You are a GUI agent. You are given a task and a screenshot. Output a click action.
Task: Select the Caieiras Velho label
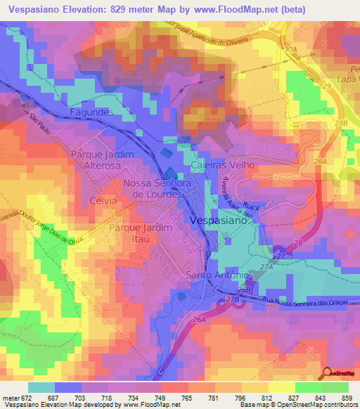tap(222, 164)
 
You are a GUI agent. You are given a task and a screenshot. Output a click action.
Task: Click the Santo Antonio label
tap(217, 275)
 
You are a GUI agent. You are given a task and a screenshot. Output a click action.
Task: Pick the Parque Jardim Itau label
tap(141, 235)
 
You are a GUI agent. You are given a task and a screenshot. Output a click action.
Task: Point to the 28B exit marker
tap(341, 123)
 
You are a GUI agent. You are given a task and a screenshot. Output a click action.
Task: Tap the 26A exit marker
tap(199, 320)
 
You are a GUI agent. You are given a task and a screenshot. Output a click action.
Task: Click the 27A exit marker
tap(266, 268)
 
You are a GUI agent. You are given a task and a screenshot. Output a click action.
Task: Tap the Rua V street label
tap(250, 205)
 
